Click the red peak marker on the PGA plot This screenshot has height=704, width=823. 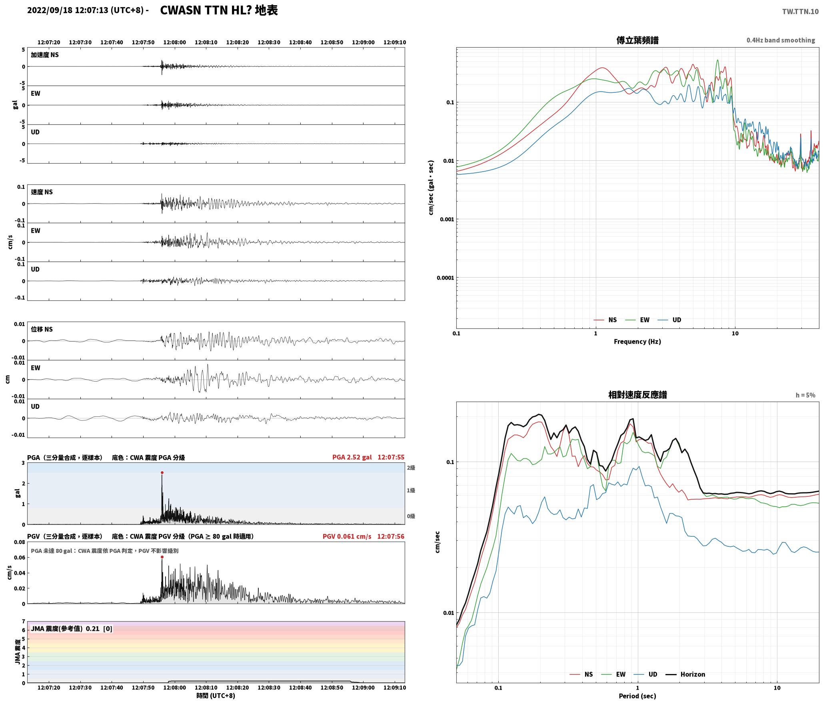click(x=162, y=473)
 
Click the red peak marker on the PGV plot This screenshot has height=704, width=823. click(x=162, y=557)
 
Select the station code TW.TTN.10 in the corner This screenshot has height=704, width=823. click(x=800, y=12)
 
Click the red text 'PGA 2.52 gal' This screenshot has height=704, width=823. click(x=352, y=457)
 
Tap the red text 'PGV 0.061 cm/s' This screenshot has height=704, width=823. click(x=347, y=536)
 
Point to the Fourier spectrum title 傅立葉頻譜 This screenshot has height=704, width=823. click(x=637, y=40)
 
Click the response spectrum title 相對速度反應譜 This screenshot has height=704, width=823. click(x=637, y=395)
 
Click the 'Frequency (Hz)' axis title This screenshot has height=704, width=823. click(x=637, y=342)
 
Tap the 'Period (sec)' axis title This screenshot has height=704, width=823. click(x=637, y=696)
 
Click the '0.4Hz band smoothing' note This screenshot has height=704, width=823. click(x=781, y=40)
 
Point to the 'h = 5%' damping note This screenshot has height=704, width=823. click(x=805, y=395)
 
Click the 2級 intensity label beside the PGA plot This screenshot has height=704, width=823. click(x=411, y=468)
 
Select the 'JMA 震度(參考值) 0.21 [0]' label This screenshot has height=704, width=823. click(x=72, y=629)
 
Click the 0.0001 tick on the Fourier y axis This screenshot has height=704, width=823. click(x=446, y=278)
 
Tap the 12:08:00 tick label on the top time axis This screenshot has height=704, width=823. click(x=175, y=42)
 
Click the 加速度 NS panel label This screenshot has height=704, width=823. click(x=45, y=55)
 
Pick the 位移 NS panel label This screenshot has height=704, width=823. click(x=42, y=329)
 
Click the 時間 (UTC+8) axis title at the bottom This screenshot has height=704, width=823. click(x=216, y=696)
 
